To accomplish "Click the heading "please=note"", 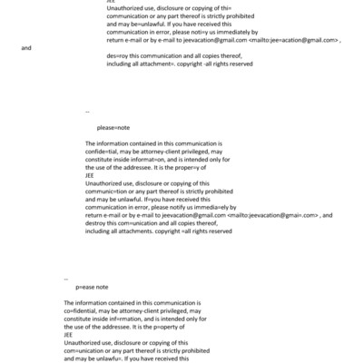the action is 113,128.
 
